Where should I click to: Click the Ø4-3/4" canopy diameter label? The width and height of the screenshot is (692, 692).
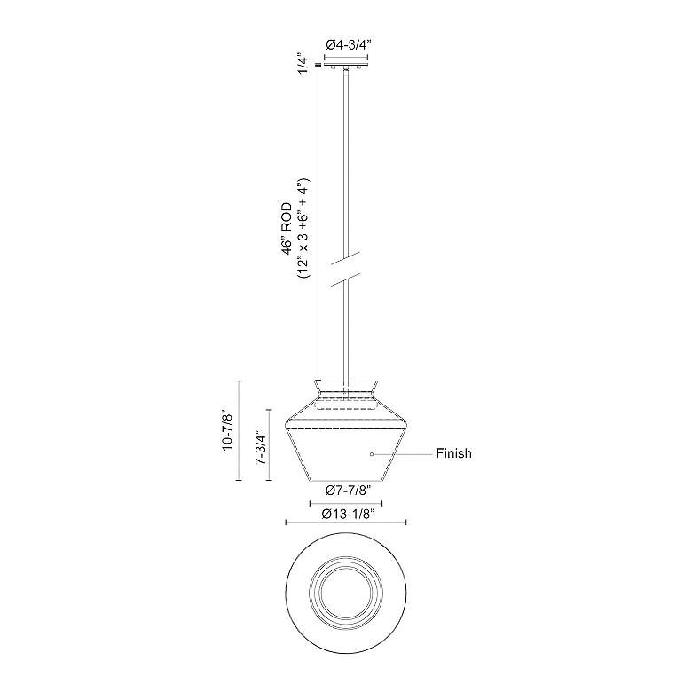(x=346, y=44)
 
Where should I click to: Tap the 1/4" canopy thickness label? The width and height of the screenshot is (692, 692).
(x=303, y=65)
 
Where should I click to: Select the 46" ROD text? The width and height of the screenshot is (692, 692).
(x=287, y=229)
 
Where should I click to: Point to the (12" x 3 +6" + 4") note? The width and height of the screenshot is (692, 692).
(x=304, y=228)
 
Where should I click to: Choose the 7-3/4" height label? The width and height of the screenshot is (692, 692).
(x=261, y=447)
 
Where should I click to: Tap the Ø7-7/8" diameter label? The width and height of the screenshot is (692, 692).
(x=346, y=490)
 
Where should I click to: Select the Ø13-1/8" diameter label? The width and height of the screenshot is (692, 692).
(x=348, y=514)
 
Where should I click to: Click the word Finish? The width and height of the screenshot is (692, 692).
(x=453, y=453)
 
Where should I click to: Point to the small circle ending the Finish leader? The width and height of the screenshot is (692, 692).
(x=372, y=454)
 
